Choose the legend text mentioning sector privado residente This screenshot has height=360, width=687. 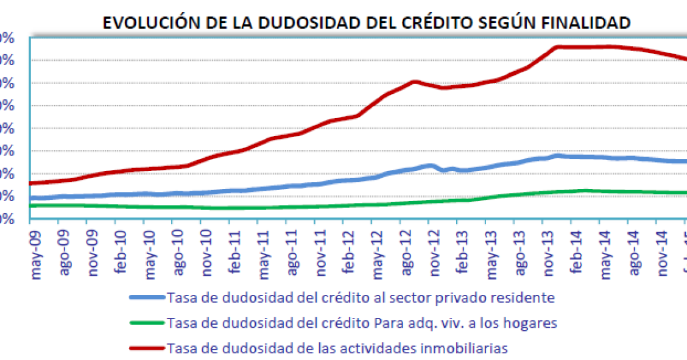coord(361,298)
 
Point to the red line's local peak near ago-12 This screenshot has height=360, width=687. coord(414,82)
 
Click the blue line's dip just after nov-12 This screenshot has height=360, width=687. coord(444,170)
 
